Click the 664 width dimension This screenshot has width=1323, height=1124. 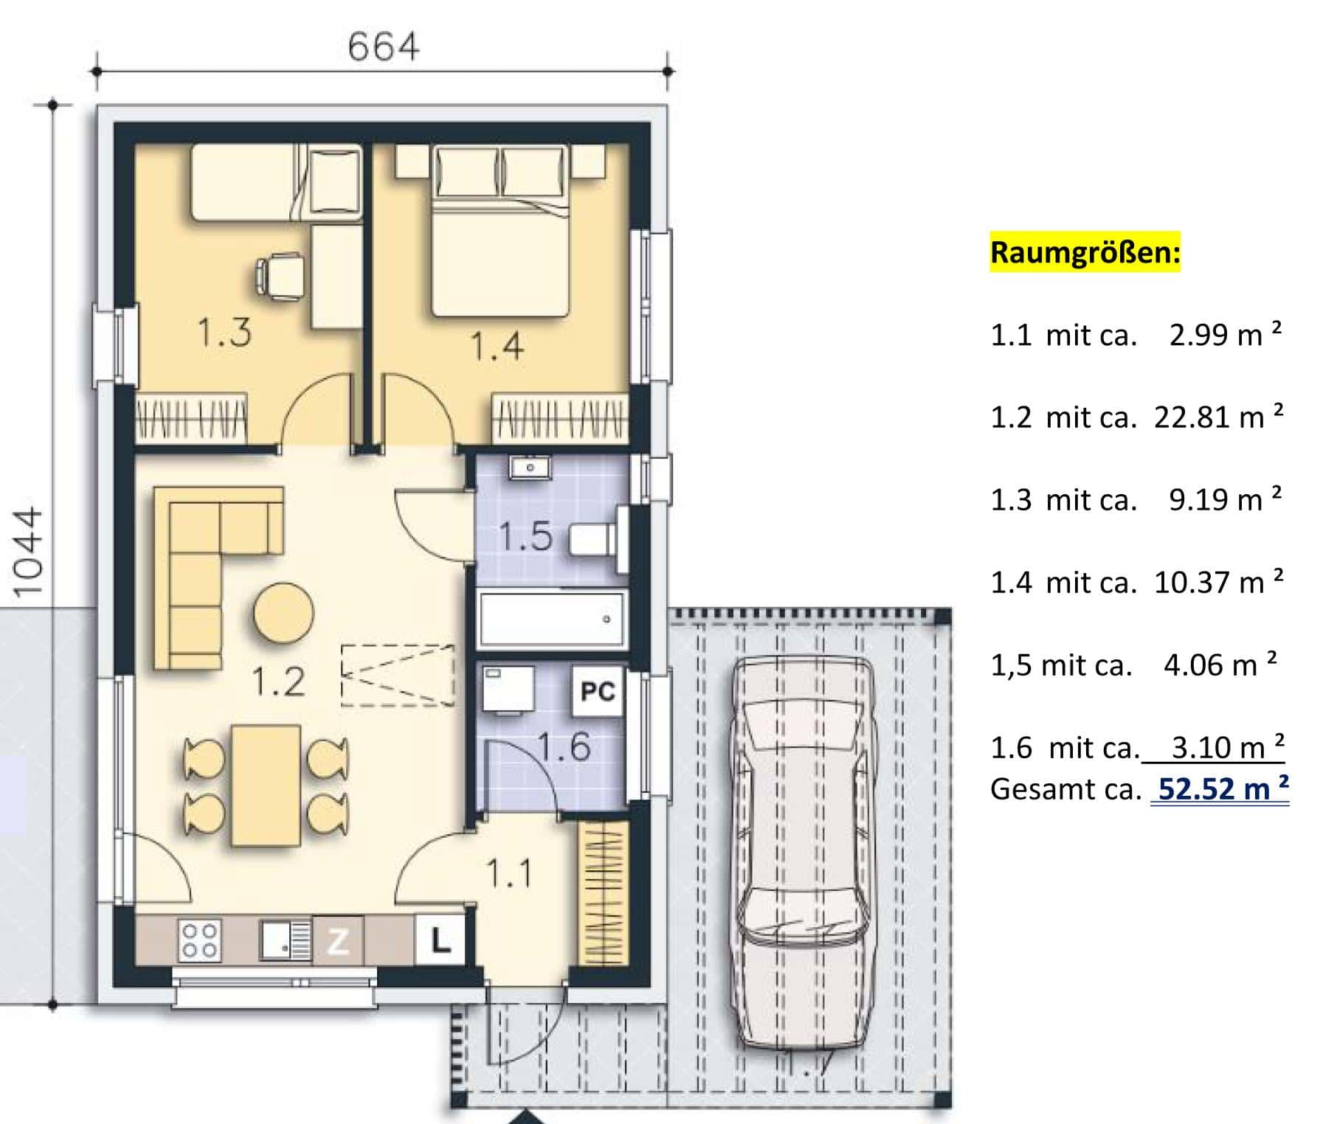[383, 47]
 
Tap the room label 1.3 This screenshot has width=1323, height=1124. [224, 332]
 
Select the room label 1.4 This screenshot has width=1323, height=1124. [497, 346]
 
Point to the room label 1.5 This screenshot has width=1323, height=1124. [525, 536]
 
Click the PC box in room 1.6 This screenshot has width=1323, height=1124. [598, 691]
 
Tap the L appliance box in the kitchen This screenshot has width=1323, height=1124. [440, 940]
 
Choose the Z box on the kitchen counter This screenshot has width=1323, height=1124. [338, 940]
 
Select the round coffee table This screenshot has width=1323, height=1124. [283, 613]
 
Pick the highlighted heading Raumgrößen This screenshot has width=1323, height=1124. [1085, 252]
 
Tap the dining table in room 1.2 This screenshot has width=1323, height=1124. [266, 785]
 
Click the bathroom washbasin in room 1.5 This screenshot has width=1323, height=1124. [529, 468]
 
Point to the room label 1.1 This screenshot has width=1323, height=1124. [509, 874]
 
